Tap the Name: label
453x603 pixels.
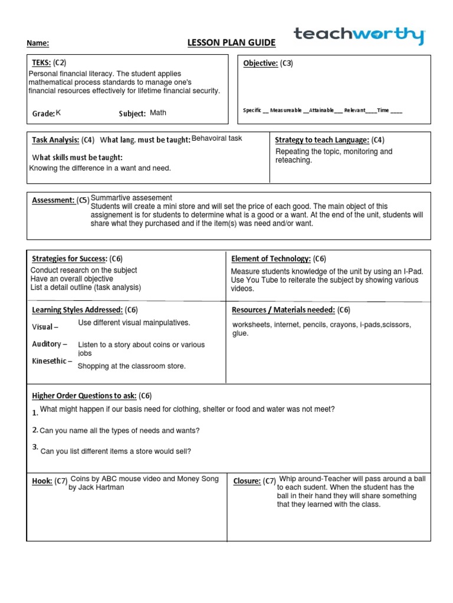pyautogui.click(x=38, y=44)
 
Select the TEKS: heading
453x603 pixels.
pyautogui.click(x=41, y=62)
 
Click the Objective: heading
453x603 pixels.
pyautogui.click(x=261, y=64)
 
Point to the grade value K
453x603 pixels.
pyautogui.click(x=58, y=112)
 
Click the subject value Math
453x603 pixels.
pyautogui.click(x=158, y=112)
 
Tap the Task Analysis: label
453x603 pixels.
pyautogui.click(x=55, y=140)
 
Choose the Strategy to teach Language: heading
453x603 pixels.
pyautogui.click(x=322, y=140)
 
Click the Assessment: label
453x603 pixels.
pyautogui.click(x=53, y=200)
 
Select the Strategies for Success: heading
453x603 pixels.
pyautogui.click(x=69, y=259)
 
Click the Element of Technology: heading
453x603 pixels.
pyautogui.click(x=271, y=259)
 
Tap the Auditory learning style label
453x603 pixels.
pyautogui.click(x=49, y=344)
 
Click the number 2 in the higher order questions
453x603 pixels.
pyautogui.click(x=35, y=430)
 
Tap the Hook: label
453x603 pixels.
pyautogui.click(x=42, y=481)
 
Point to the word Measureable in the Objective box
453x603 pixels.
pyautogui.click(x=285, y=110)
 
